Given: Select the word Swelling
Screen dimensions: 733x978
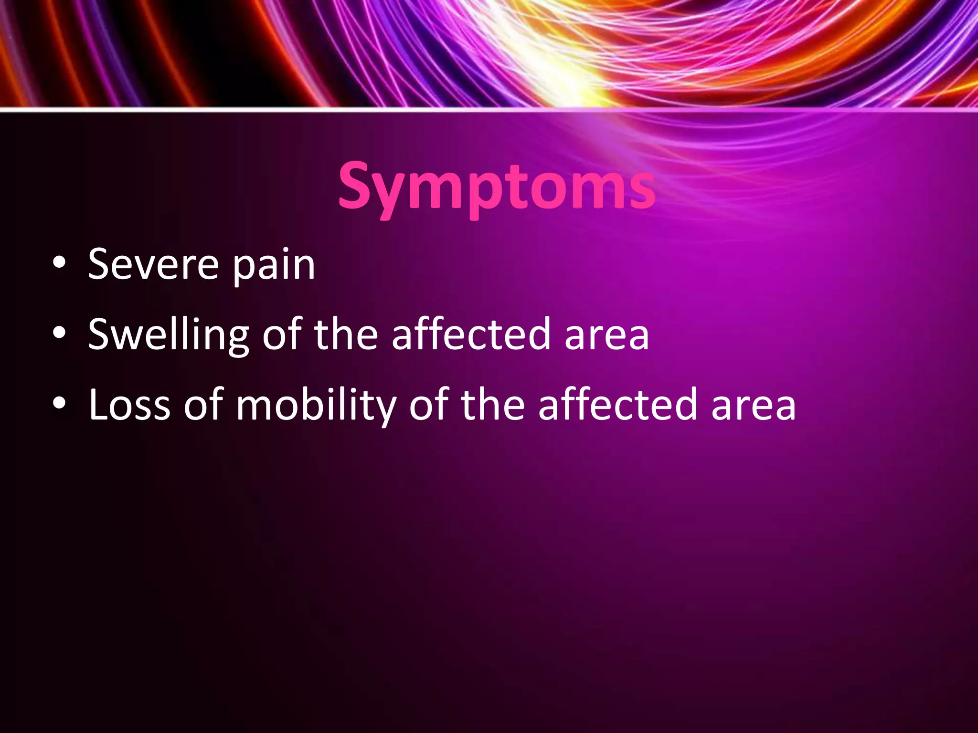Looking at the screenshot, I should click(169, 335).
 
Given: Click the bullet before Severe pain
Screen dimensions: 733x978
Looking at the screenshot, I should click(59, 264).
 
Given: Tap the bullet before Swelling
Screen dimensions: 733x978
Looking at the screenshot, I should click(59, 334).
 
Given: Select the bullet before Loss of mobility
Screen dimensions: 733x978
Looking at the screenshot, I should click(59, 404).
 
